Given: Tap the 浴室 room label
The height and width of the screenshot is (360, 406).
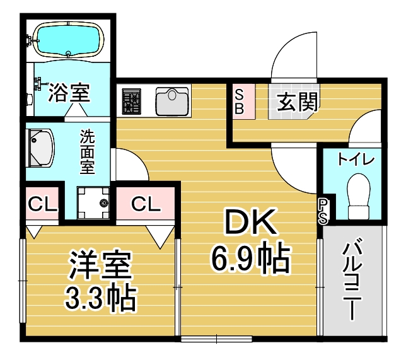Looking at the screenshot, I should pyautogui.click(x=69, y=95).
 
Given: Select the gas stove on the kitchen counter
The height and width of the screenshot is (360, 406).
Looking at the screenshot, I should pyautogui.click(x=132, y=102).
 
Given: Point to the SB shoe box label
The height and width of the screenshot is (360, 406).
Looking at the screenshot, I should pyautogui.click(x=240, y=102).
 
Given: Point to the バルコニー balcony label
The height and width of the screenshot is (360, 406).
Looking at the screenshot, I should pyautogui.click(x=353, y=281).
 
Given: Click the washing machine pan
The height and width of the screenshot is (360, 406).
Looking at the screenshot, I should pyautogui.click(x=93, y=202).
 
